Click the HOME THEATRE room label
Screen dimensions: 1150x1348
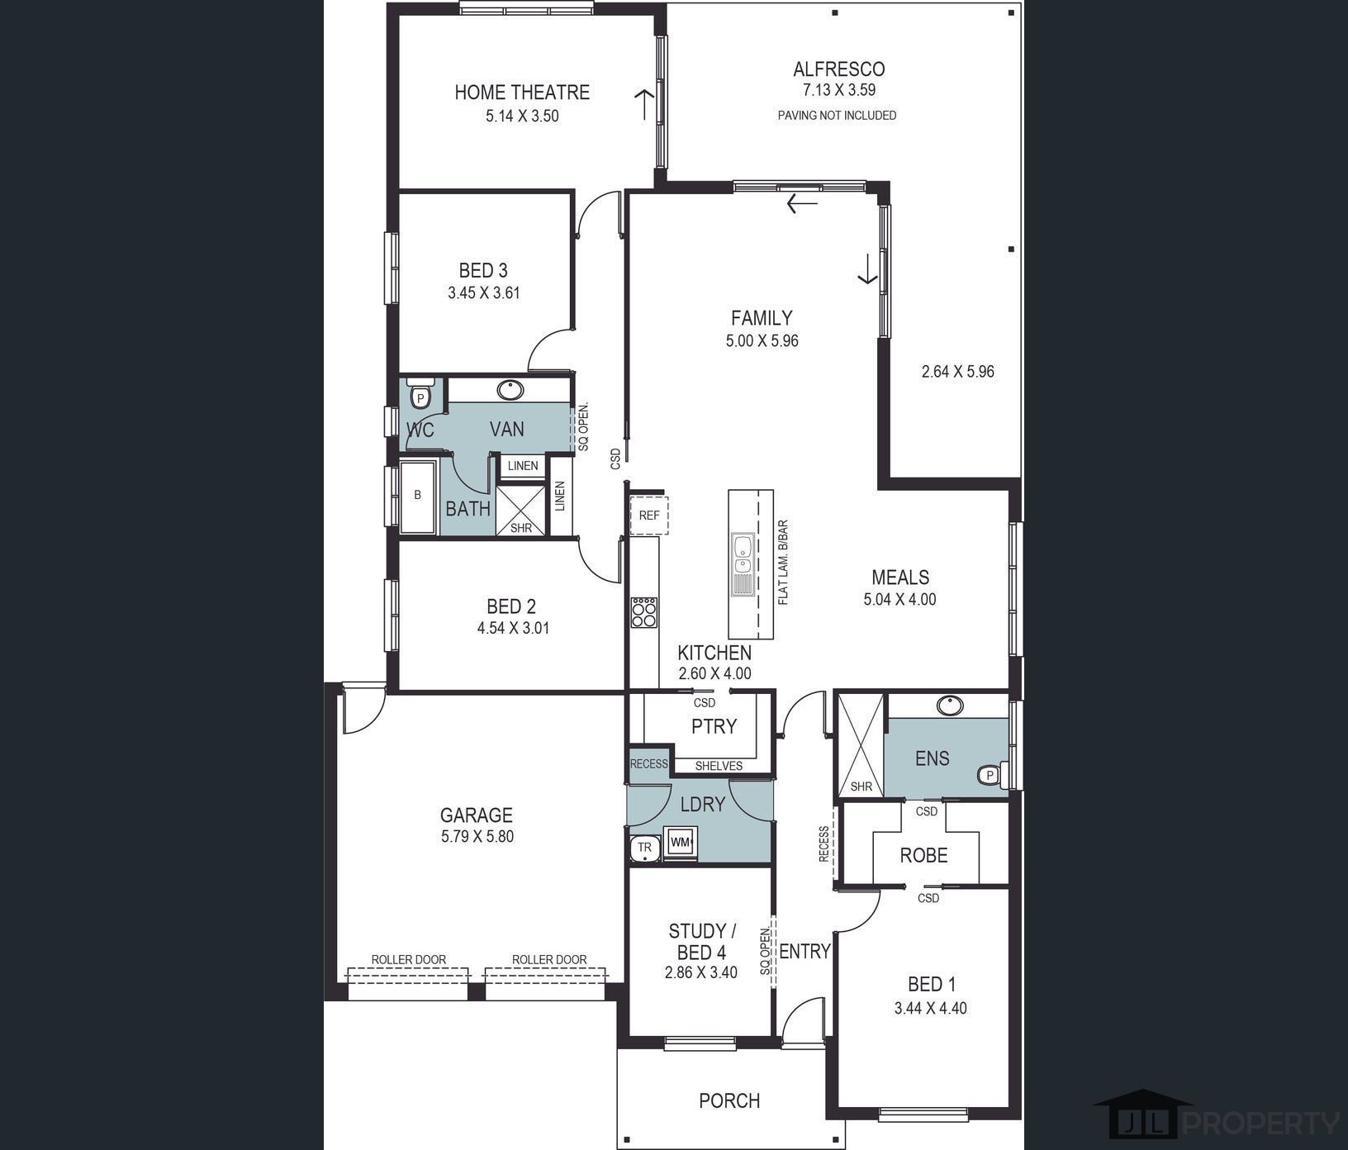point(522,92)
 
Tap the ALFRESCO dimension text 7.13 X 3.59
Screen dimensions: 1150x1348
point(838,90)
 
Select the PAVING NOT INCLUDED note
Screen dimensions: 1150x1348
point(837,116)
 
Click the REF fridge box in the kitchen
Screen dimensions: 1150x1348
point(649,516)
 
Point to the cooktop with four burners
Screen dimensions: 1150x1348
point(644,612)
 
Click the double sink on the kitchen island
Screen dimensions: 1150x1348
point(743,554)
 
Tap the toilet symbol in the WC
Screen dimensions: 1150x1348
point(421,396)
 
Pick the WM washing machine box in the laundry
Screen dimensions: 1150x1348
point(680,843)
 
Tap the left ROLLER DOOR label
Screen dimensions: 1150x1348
point(408,959)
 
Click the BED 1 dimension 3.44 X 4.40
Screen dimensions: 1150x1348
point(930,1008)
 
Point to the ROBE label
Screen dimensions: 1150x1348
point(923,855)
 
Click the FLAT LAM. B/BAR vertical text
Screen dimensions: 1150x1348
point(783,562)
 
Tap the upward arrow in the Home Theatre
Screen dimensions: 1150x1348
point(644,104)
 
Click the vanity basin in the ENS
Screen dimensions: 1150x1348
point(950,706)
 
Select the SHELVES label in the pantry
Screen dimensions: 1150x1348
point(719,766)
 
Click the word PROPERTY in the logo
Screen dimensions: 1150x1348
point(1262,1124)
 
